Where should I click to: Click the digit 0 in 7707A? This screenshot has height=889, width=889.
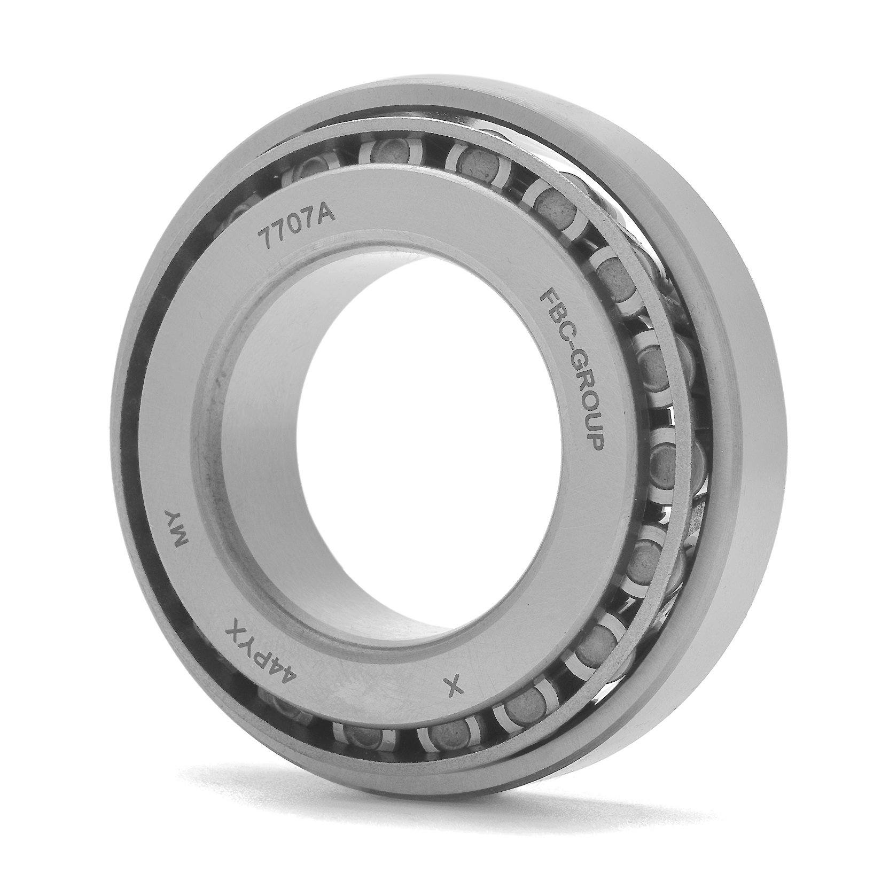point(289,224)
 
